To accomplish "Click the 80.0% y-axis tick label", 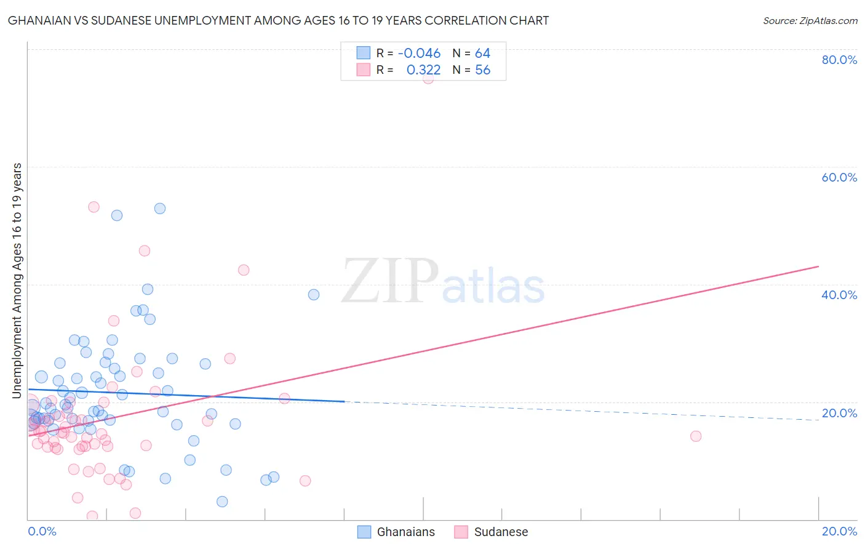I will (x=839, y=60).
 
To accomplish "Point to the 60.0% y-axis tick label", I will (x=839, y=177).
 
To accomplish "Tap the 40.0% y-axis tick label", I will (x=839, y=295).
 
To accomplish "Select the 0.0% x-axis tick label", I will (x=42, y=531).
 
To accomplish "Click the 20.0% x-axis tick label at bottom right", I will (x=839, y=531).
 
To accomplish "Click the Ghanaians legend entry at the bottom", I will (x=396, y=532).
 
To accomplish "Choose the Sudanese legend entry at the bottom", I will (x=491, y=532).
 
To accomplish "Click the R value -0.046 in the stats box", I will (x=419, y=54).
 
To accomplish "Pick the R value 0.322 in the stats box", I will (x=423, y=70).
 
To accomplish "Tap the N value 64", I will (x=482, y=54).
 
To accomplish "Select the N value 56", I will (x=482, y=70).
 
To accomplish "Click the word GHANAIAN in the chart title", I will (x=40, y=20).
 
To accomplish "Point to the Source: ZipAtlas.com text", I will (x=810, y=20).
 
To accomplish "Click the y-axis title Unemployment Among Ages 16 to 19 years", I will (x=17, y=281).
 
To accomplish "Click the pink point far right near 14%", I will (x=696, y=436).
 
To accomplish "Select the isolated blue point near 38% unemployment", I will (x=314, y=295).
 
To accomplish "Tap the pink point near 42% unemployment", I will (x=244, y=270).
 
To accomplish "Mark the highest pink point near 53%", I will (x=94, y=207).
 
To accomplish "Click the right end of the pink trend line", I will (x=818, y=266).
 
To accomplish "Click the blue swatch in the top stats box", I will (x=364, y=53).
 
